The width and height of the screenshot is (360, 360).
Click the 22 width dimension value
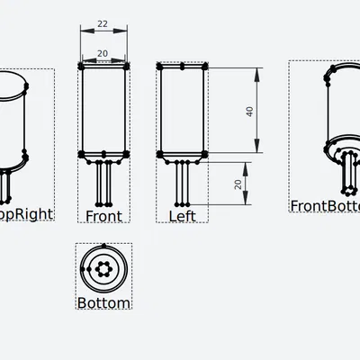(x=103, y=23)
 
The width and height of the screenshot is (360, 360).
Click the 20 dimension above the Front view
(x=103, y=53)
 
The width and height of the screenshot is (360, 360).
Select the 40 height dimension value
(x=249, y=111)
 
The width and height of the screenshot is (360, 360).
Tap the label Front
(x=103, y=216)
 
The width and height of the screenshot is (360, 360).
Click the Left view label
(x=183, y=216)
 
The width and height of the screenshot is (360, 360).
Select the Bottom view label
(x=103, y=303)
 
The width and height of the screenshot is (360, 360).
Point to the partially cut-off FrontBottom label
(x=324, y=205)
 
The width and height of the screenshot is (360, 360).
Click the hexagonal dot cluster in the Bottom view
(x=104, y=267)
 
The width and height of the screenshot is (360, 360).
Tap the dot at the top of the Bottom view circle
(x=104, y=246)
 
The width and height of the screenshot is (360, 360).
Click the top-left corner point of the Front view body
(x=82, y=67)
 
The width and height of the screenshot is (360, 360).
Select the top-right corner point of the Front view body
(x=127, y=67)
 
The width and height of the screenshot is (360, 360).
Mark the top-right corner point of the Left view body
(x=206, y=66)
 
